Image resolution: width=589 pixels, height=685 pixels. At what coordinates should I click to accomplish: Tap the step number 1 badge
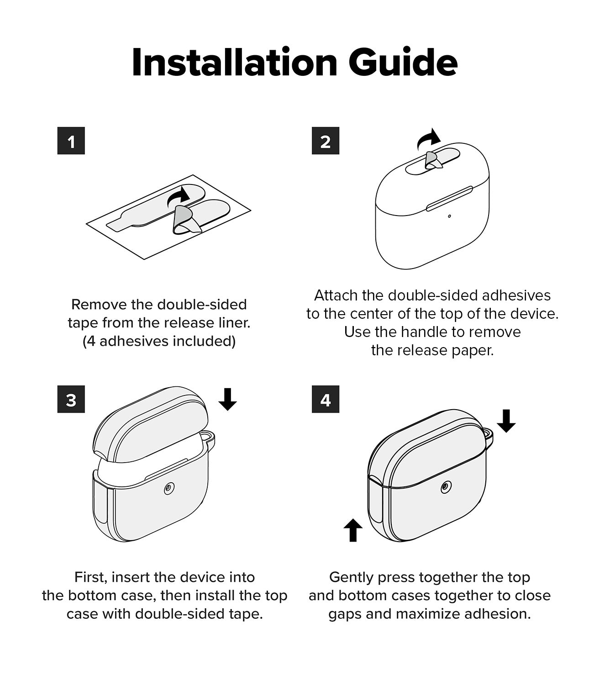[71, 141]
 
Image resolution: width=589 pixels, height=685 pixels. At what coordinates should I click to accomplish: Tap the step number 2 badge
[325, 141]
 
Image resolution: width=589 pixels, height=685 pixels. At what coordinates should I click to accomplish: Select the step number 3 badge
[71, 400]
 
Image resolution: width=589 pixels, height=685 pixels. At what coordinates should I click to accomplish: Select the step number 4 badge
[325, 400]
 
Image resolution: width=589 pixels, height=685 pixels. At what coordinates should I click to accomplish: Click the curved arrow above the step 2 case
[429, 139]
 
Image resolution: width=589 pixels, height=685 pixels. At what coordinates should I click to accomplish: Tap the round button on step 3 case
[169, 489]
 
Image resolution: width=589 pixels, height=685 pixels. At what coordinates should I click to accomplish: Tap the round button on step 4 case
[446, 489]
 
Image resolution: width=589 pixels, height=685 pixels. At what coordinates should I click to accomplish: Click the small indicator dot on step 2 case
[449, 216]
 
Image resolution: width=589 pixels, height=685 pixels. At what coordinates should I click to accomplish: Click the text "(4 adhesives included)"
[159, 341]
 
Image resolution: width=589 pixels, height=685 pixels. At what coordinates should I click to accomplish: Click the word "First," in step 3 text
[91, 577]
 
